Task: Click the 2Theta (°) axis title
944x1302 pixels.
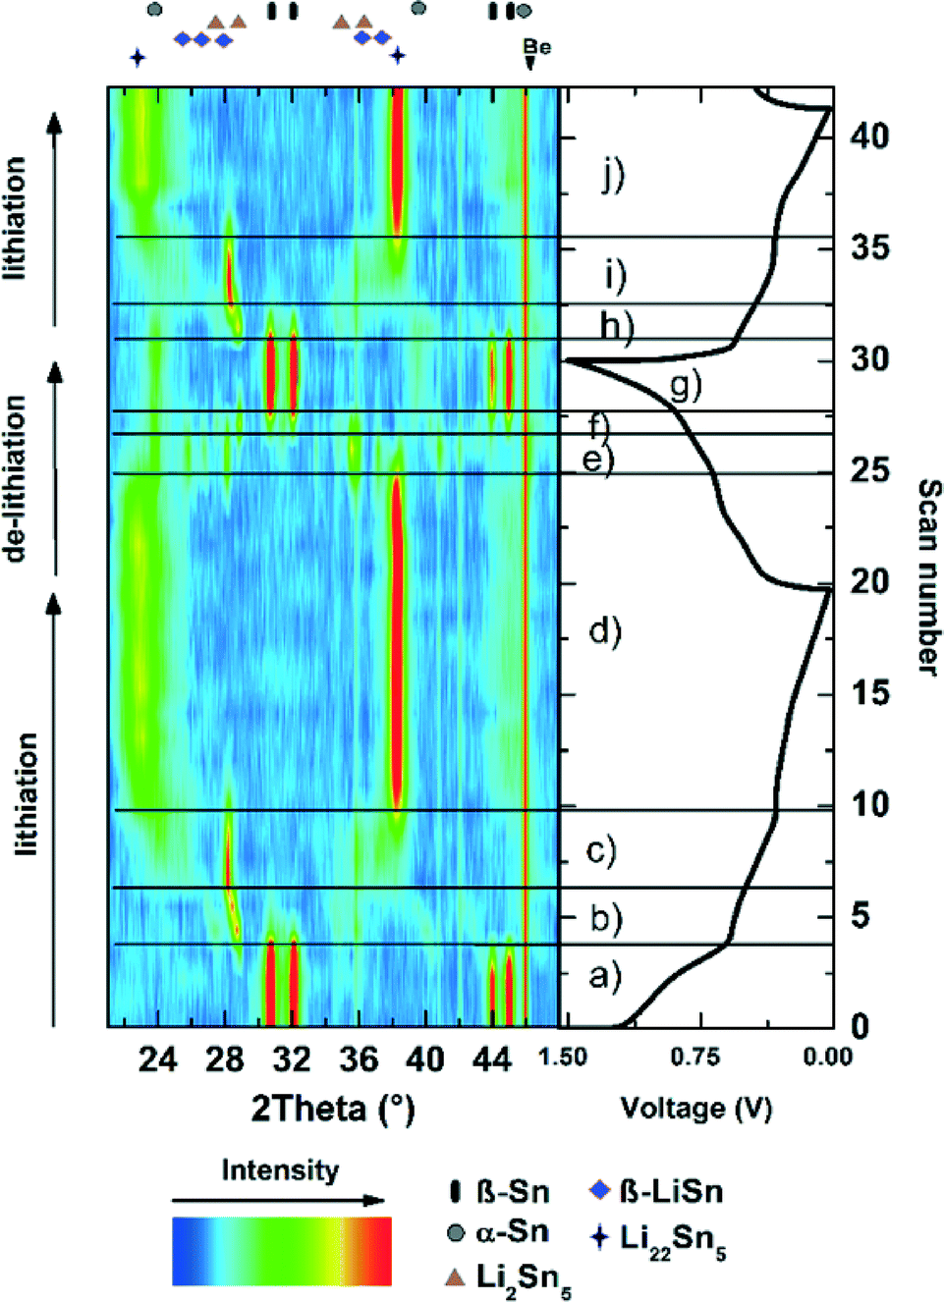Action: point(333,1109)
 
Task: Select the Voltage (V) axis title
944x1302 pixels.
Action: point(696,1109)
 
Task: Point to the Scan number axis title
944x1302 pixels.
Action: point(928,577)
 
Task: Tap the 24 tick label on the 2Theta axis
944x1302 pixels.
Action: point(157,1058)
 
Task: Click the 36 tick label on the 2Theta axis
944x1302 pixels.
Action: point(359,1058)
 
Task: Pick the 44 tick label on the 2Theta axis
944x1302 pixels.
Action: point(492,1058)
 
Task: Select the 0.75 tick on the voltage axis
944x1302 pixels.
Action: point(695,1057)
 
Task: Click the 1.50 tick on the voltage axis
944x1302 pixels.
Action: point(564,1057)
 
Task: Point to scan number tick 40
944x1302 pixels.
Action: point(870,136)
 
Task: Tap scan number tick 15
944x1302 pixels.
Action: point(870,693)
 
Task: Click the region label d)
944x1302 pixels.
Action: point(605,630)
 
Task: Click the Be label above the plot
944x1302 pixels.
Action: point(536,47)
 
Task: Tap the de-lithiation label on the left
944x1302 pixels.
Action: point(15,479)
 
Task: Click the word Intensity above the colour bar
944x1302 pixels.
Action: point(280,1170)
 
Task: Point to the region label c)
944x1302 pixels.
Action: point(601,850)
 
